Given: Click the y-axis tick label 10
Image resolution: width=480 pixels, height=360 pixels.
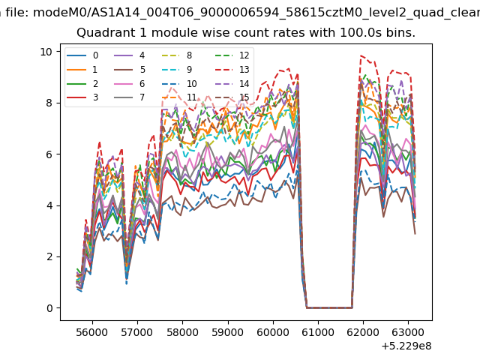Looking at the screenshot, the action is pos(46,52).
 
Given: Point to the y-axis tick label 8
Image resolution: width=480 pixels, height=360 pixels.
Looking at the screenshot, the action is pos(49,103).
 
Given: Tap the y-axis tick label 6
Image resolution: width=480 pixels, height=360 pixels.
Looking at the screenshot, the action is pos(49,154).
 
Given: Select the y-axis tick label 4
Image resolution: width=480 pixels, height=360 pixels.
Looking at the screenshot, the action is pos(49,205).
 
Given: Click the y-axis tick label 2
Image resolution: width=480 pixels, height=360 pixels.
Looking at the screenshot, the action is pos(49,256).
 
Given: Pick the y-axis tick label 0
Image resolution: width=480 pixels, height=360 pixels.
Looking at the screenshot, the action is pos(49,308).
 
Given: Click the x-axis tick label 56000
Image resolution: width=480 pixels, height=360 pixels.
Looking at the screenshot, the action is pos(92,332).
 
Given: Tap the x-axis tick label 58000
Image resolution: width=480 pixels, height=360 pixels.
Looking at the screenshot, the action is pos(182,332).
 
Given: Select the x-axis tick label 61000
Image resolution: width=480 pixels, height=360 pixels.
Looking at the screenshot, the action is pos(318,332).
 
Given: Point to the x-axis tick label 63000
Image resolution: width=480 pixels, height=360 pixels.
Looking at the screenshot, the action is pos(408,332).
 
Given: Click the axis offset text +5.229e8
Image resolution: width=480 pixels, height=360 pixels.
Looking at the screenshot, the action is pos(406,346).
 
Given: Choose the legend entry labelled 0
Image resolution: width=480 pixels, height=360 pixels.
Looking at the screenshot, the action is pos(82,55).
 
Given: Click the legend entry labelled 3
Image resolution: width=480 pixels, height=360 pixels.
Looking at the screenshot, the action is pos(82,97).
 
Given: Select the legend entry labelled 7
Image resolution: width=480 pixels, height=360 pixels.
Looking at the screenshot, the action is pos(130,97).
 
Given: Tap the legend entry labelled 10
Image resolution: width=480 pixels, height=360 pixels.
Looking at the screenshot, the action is pos(179,83).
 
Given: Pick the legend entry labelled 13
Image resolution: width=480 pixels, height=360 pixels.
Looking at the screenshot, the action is pos(232,70).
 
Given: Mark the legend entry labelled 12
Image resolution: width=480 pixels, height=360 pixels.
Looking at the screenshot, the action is pos(232,55).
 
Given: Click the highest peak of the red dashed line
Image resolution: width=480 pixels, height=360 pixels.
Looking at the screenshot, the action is pos(361,55).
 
